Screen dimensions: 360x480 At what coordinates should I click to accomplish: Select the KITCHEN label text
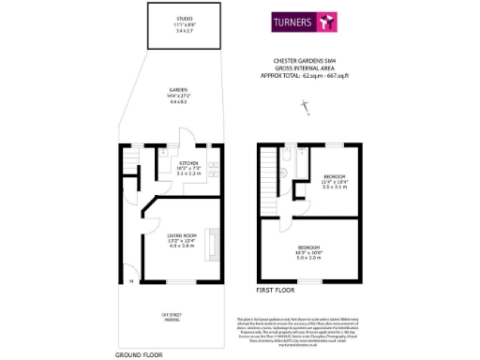pyautogui.click(x=188, y=162)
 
